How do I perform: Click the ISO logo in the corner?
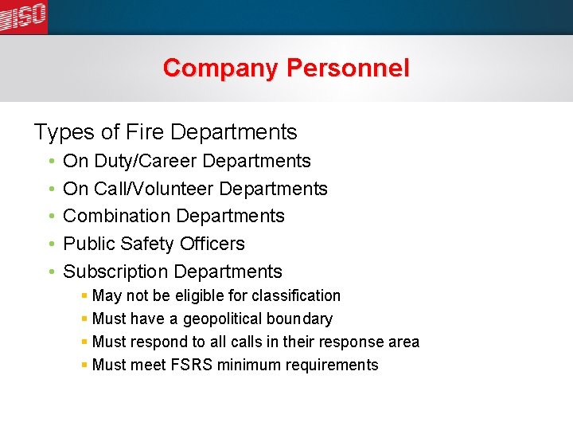[23, 16]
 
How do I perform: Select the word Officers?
[211, 244]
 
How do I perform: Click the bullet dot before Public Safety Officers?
[50, 244]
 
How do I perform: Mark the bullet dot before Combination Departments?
[50, 216]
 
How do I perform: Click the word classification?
[296, 296]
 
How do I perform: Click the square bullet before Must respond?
[84, 342]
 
